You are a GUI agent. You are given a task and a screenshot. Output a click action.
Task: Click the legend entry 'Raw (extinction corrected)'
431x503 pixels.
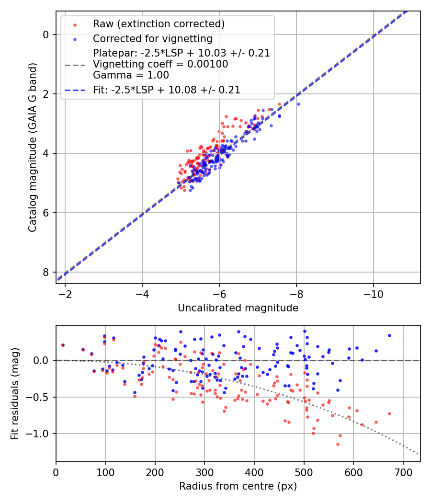159,24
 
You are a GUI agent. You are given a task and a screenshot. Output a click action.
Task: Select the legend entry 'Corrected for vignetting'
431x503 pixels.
152,38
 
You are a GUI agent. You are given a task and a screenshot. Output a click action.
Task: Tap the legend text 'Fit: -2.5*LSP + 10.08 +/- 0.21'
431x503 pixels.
166,90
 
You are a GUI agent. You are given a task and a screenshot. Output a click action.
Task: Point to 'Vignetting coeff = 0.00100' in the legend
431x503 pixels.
160,64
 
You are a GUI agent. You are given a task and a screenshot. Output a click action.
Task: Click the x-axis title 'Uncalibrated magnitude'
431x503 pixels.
238,308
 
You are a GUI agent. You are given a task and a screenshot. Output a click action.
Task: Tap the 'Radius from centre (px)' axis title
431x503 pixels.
238,486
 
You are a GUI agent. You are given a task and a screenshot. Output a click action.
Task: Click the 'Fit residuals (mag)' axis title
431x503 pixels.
15,393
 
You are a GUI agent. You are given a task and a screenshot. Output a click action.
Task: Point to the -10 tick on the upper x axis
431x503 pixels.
374,294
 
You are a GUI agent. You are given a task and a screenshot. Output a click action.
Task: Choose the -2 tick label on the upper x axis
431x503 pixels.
65,294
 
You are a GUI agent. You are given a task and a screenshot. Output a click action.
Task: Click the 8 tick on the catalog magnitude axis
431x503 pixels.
46,272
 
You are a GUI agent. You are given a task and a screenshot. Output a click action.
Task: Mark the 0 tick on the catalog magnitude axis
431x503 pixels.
46,34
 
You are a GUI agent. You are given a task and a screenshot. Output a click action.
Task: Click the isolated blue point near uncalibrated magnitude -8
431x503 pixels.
298,104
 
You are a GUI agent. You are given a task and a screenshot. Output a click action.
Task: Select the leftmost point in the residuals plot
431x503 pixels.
63,345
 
